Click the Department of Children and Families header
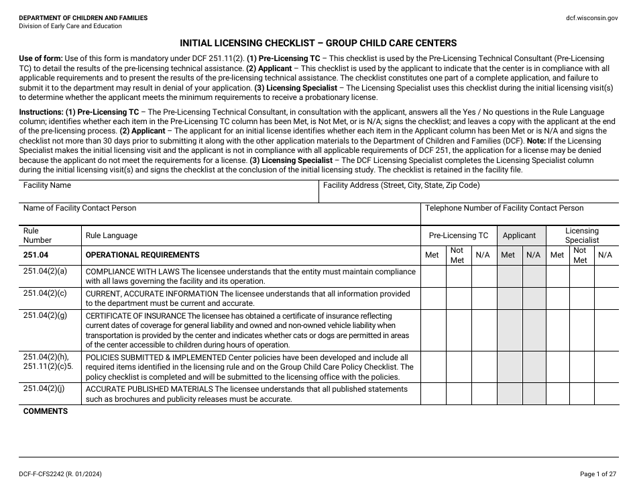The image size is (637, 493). pos(83,18)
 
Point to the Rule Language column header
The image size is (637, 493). pos(111,235)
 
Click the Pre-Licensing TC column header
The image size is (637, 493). pos(459,235)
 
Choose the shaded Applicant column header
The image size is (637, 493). pos(520,235)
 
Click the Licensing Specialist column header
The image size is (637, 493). pos(581,235)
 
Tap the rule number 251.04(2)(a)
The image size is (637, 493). pos(45,272)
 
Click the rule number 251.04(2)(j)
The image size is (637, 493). pos(45,389)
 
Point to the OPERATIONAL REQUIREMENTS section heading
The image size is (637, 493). pos(142,255)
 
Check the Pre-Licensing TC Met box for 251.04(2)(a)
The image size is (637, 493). pos(432,276)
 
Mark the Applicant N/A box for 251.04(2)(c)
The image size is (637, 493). pos(534,298)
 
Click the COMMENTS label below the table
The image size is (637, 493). pos(46,411)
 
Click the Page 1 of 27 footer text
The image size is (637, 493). pos(599,474)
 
